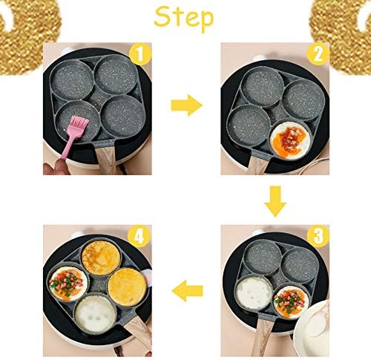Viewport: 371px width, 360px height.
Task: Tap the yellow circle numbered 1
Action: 140,54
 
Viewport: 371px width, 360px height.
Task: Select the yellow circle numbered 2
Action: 318,54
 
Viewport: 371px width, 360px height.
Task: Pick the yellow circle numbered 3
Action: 318,236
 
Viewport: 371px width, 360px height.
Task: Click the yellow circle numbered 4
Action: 139,236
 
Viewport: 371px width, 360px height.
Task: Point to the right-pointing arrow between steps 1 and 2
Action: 186,105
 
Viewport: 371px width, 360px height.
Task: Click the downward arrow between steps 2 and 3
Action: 275,201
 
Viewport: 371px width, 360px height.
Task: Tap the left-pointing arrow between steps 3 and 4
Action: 187,290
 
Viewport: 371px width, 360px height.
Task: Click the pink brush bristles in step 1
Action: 80,125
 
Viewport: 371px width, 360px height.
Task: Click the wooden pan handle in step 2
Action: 257,166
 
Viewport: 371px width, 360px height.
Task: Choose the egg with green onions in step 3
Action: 292,302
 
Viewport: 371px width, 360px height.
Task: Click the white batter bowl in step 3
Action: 312,329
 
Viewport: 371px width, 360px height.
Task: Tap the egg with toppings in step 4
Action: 68,284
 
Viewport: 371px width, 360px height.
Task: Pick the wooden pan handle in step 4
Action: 139,335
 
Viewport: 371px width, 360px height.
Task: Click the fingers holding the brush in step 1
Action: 56,167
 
